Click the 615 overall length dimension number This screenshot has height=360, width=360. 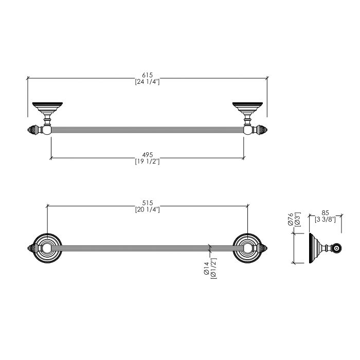point(147,75)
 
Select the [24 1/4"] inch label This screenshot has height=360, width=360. point(147,82)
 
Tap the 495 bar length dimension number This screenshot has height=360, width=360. point(147,155)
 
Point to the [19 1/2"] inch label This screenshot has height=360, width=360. point(147,161)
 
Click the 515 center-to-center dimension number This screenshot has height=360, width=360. point(147,203)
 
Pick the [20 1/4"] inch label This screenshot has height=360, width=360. point(147,210)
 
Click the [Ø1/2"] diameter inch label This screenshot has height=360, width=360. point(213,268)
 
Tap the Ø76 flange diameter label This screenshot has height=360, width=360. point(291,219)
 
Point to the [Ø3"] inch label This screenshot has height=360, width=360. point(297,220)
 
